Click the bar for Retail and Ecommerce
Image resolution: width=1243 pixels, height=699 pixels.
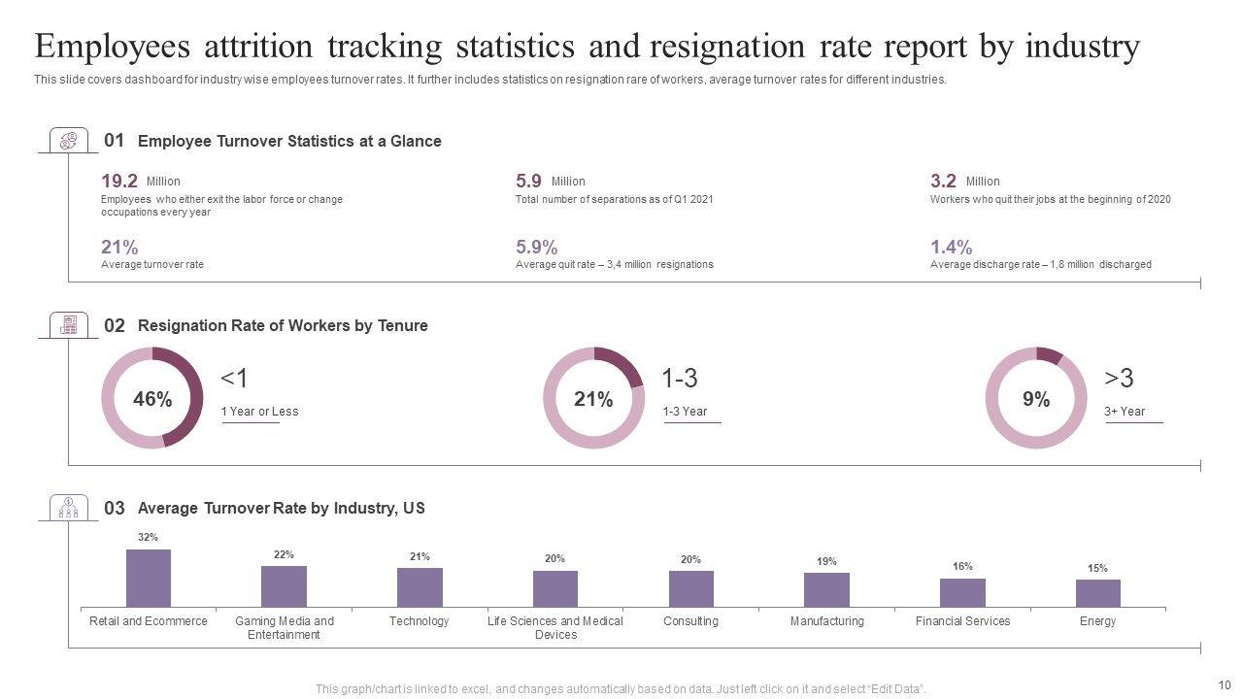[149, 578]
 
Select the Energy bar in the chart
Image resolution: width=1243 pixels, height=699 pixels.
[1097, 593]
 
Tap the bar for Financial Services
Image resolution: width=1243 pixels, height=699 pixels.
[962, 592]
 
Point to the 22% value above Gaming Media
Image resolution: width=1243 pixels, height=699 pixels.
[284, 555]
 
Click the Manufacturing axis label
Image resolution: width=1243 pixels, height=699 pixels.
[826, 621]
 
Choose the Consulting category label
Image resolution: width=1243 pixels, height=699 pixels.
[690, 621]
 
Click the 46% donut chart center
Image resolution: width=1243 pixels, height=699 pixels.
[152, 399]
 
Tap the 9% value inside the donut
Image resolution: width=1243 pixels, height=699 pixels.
[1036, 399]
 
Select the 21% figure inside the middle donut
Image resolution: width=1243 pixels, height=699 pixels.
[593, 399]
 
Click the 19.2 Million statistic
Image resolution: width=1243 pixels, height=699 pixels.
[119, 181]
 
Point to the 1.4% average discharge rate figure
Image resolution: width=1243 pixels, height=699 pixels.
[951, 247]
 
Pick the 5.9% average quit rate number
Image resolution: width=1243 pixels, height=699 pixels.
[536, 247]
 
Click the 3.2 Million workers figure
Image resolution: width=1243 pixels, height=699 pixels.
[943, 181]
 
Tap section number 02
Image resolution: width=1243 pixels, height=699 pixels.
[115, 326]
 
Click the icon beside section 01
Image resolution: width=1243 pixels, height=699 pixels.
[68, 141]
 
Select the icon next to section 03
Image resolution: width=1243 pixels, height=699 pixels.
[68, 508]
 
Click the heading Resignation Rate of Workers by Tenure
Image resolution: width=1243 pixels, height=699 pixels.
[283, 326]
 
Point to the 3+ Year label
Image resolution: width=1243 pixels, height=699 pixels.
[1125, 412]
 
